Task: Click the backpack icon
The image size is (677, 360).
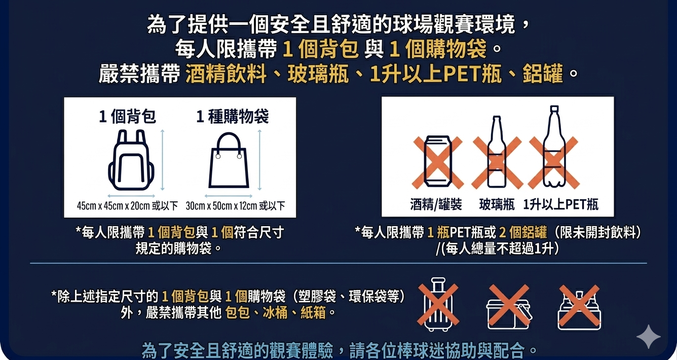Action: tap(131, 160)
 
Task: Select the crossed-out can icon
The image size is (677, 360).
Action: tap(438, 161)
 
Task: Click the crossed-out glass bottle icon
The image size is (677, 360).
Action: tap(497, 153)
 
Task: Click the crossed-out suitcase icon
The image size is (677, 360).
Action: tap(438, 304)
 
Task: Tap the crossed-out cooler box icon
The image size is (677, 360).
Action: tap(509, 307)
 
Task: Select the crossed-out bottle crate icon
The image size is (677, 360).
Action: tap(579, 307)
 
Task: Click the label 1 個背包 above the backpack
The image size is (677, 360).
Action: tap(127, 117)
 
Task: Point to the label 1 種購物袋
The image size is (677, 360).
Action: tap(232, 117)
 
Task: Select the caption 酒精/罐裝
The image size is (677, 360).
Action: tap(436, 204)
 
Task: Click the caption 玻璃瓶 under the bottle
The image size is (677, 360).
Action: tap(497, 204)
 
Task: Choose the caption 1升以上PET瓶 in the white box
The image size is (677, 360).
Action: tap(560, 204)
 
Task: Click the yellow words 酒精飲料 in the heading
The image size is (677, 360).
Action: tap(226, 74)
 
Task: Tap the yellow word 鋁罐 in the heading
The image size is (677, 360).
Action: tap(543, 74)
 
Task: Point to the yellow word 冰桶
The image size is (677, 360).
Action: tap(275, 312)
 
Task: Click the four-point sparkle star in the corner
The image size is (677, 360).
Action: tap(649, 337)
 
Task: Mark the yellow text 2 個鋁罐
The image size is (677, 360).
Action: tap(523, 232)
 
